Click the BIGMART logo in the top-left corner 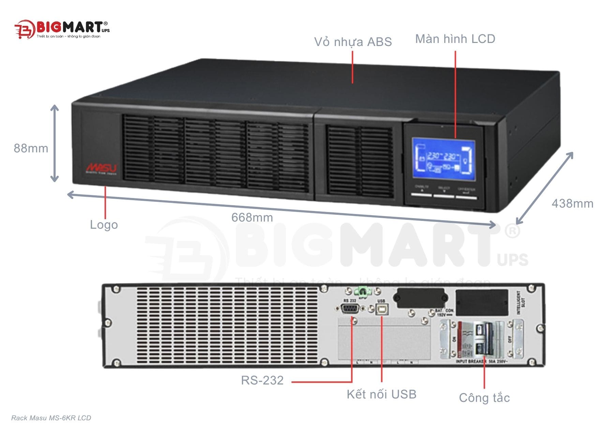(61, 29)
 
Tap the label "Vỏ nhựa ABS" (353, 42)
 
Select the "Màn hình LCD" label (455, 39)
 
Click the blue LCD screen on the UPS (444, 158)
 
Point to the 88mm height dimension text (31, 148)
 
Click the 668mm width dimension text (252, 217)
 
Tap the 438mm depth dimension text (572, 203)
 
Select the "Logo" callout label (104, 225)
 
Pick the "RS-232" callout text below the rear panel (262, 380)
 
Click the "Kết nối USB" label (382, 394)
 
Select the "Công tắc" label (484, 398)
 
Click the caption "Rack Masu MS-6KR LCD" (51, 418)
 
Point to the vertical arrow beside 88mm (55, 143)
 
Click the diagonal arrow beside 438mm (545, 188)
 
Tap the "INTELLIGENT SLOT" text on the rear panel (521, 303)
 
